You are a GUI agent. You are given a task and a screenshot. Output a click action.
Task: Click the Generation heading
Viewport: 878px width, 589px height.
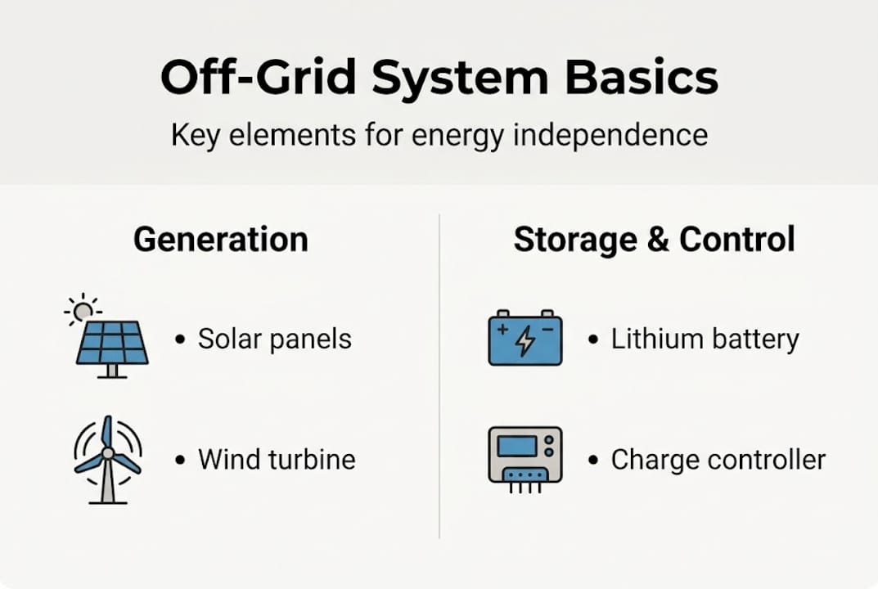click(221, 240)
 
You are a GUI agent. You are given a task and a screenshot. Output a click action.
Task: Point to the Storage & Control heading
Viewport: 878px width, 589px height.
click(654, 240)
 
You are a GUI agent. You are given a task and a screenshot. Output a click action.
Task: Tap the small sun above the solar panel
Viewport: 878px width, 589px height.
click(82, 310)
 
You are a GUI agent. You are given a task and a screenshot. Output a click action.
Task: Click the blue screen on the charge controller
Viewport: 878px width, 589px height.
click(517, 447)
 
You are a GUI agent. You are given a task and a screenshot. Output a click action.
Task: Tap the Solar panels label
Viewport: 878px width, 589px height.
click(274, 339)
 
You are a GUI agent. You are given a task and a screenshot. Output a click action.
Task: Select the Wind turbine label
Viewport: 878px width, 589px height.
click(277, 459)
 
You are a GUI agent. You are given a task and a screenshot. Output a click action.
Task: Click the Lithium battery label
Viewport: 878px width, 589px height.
click(705, 339)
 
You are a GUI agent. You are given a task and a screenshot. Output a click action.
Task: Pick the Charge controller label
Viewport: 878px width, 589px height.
click(718, 459)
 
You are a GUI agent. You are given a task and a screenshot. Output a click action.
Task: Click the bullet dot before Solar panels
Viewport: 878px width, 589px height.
click(180, 339)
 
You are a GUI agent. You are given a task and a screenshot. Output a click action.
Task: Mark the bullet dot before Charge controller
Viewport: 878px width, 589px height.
click(593, 460)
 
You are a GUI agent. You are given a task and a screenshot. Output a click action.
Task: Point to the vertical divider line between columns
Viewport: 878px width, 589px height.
click(439, 376)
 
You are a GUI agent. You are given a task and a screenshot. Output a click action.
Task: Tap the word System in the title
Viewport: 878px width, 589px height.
click(459, 78)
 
